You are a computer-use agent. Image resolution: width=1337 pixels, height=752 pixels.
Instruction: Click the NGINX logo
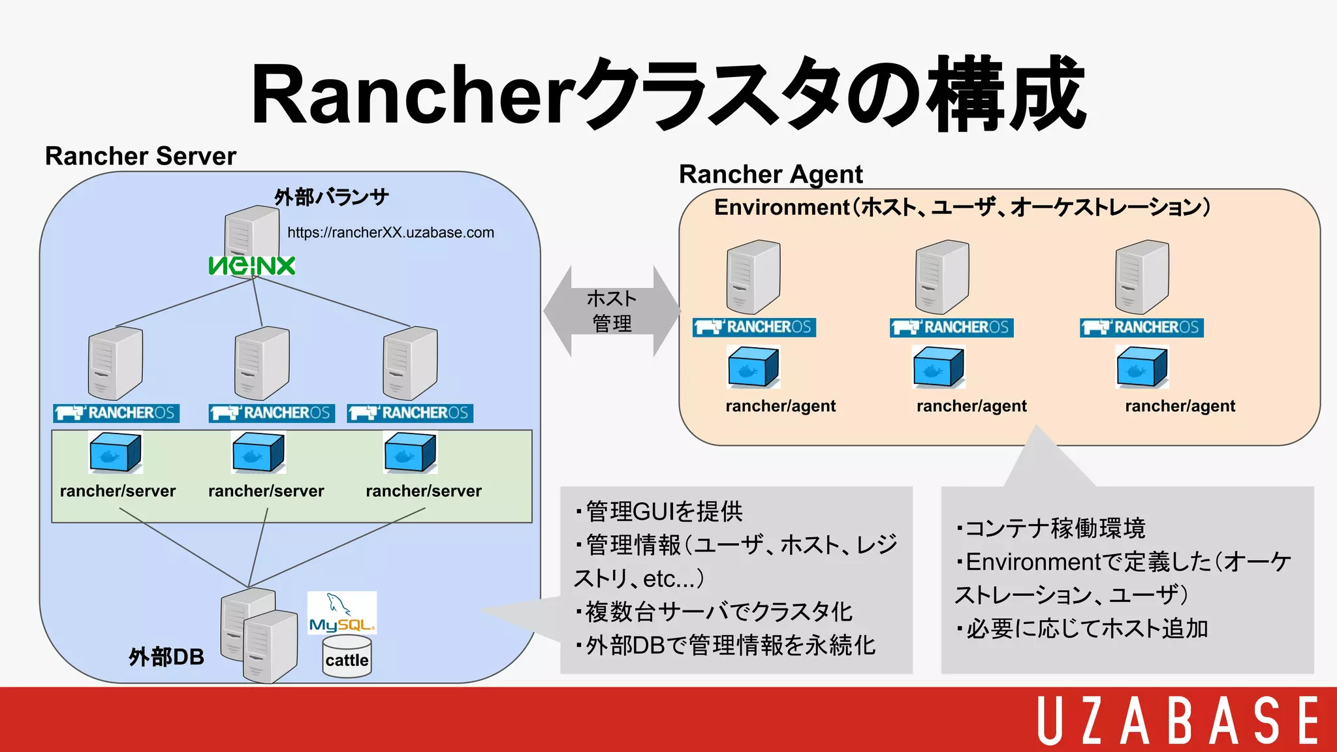tap(252, 266)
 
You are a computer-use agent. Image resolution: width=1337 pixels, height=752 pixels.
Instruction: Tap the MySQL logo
tap(342, 613)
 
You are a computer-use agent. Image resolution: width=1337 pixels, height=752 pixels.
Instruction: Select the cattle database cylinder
tap(347, 658)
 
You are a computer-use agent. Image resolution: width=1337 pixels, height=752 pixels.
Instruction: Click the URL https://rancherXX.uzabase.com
tap(390, 232)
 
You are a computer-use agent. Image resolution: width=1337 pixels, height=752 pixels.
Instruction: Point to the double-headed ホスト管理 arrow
tap(612, 311)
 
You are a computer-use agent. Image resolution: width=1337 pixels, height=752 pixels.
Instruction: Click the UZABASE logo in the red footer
tap(1178, 720)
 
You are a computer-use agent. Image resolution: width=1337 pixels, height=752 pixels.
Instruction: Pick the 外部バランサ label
tap(331, 196)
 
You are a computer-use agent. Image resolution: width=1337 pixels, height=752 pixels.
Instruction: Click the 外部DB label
tap(166, 657)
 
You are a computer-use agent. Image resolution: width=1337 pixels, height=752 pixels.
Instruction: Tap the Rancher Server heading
tap(140, 156)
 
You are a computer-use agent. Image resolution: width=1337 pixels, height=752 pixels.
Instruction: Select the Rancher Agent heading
tap(770, 174)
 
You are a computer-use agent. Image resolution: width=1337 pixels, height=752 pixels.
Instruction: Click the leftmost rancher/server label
tap(118, 491)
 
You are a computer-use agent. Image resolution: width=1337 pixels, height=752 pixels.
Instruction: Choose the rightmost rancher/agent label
tap(1180, 406)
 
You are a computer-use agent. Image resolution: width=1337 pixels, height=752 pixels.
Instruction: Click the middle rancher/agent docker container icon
tap(938, 367)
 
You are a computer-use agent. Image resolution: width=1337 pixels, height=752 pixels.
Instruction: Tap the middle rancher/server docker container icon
tap(259, 452)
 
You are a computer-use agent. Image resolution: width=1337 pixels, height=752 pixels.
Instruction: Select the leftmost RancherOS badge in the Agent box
tap(754, 327)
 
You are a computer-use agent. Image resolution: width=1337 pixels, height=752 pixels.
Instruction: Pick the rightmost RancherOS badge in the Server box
tap(410, 413)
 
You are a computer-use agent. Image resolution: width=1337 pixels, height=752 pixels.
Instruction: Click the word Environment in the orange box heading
tap(781, 207)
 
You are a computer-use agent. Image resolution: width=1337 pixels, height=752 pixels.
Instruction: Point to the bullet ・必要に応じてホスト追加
tap(1082, 629)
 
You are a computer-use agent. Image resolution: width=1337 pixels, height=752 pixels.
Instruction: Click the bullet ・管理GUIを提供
tap(659, 511)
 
